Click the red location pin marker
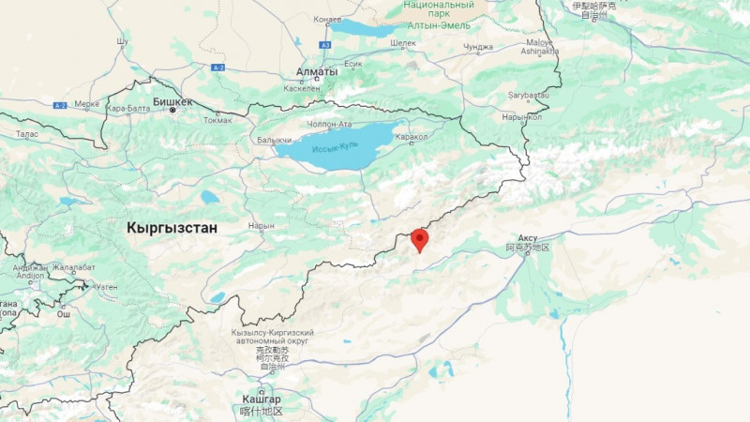419,239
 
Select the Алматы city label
316,72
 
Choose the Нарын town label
262,226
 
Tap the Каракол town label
412,137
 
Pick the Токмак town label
217,119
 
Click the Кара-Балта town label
128,108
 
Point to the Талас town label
26,134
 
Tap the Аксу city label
526,239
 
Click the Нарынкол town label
522,117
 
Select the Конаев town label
327,19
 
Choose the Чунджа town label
477,47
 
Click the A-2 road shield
60,105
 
